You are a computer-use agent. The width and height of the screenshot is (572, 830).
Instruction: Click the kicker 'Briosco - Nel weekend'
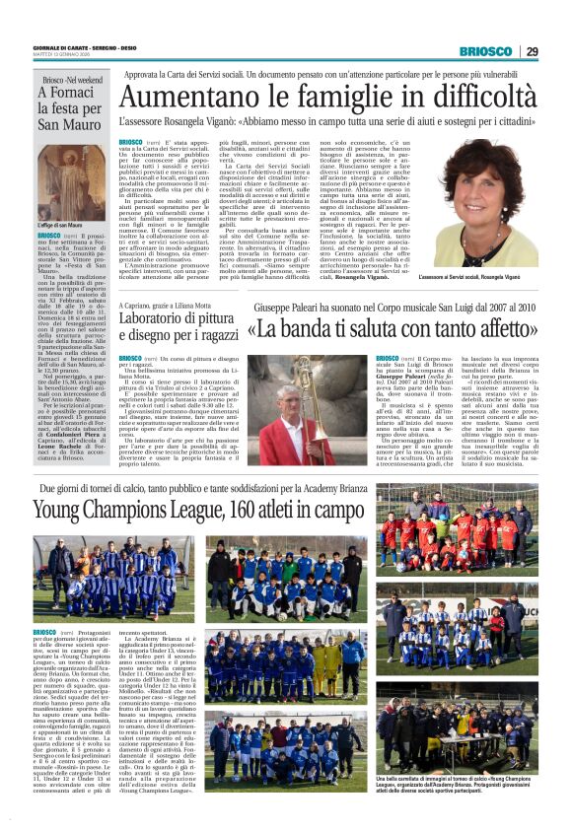click(x=72, y=78)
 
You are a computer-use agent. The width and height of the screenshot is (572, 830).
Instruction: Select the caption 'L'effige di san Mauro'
click(x=62, y=225)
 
